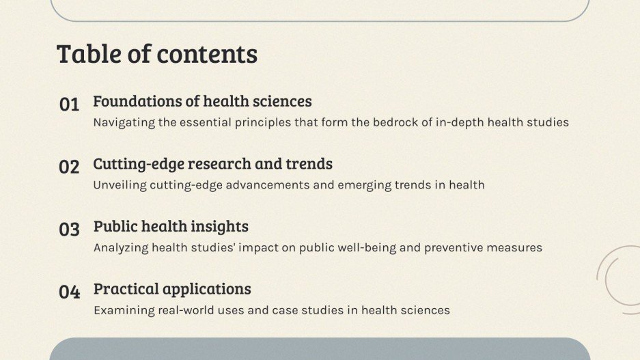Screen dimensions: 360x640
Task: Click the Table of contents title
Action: pyautogui.click(x=156, y=54)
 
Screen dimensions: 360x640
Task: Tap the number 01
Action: pyautogui.click(x=69, y=105)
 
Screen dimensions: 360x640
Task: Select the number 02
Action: pyautogui.click(x=69, y=167)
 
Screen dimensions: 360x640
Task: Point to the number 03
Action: pyautogui.click(x=69, y=230)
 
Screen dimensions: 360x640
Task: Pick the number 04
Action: pyautogui.click(x=69, y=292)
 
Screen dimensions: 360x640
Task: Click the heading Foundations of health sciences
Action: pyautogui.click(x=202, y=102)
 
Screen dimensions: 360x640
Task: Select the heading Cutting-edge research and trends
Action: pyautogui.click(x=212, y=164)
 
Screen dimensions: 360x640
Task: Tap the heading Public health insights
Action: pyautogui.click(x=171, y=226)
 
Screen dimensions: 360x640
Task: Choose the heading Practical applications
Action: pyautogui.click(x=172, y=289)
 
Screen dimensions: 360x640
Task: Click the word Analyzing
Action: pyautogui.click(x=120, y=247)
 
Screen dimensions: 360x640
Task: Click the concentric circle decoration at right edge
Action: pyautogui.click(x=621, y=275)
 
